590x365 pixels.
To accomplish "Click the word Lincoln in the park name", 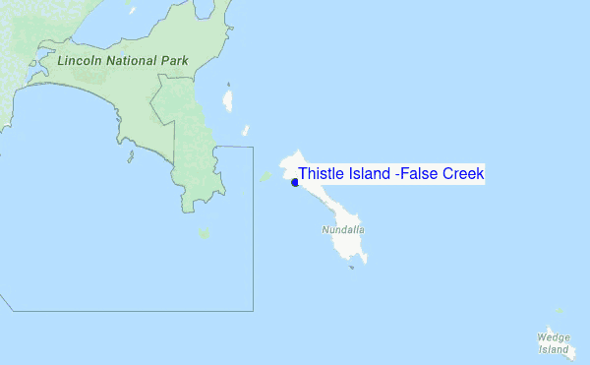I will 80,61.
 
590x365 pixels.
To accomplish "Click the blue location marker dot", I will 295,182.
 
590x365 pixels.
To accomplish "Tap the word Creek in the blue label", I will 463,174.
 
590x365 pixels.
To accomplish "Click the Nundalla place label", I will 342,230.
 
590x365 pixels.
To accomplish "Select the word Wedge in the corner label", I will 554,337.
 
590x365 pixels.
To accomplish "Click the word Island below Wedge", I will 554,349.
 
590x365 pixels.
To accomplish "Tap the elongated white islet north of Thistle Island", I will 229,98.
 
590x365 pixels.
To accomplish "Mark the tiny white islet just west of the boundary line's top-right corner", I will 245,130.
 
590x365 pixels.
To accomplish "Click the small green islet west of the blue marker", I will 265,177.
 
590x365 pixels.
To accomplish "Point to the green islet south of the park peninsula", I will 204,234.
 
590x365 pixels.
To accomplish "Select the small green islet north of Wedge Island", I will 559,311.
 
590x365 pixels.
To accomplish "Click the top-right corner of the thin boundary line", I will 253,147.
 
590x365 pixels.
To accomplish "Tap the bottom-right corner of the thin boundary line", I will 253,310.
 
